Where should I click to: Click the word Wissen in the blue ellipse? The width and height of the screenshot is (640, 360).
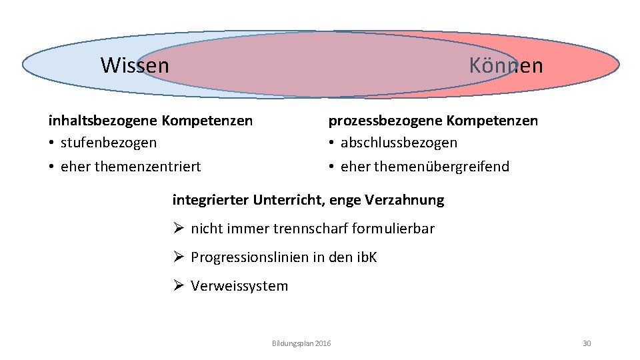135,65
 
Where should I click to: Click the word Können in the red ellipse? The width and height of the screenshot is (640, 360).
505,65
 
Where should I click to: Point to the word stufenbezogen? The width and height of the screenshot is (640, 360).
109,143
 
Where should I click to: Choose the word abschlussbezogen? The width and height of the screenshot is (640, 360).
399,143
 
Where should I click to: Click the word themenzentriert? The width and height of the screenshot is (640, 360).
147,167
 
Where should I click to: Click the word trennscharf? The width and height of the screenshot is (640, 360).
311,229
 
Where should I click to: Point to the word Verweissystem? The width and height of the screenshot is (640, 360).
239,286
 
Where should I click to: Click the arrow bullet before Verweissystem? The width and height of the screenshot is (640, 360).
177,286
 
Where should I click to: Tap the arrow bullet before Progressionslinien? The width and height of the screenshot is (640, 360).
177,257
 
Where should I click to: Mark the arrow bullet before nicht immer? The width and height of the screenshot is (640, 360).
177,229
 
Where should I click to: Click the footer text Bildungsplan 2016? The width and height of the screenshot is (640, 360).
301,343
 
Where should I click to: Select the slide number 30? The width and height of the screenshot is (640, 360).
587,343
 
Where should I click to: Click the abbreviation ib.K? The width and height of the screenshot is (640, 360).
367,257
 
